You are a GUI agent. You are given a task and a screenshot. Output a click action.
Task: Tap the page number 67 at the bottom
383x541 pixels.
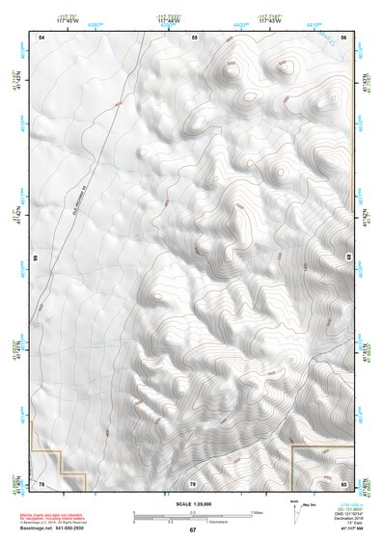click(x=193, y=530)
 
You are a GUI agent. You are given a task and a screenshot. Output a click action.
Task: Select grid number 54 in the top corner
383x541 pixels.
click(x=41, y=36)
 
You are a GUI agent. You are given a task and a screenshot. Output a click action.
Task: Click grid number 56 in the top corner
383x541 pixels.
click(x=343, y=36)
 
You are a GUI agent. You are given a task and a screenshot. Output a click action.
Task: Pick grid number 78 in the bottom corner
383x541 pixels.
click(x=41, y=482)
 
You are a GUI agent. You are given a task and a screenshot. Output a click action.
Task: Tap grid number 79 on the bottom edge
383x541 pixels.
click(x=193, y=482)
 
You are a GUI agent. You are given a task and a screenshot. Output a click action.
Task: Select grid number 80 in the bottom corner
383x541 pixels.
click(x=343, y=482)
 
